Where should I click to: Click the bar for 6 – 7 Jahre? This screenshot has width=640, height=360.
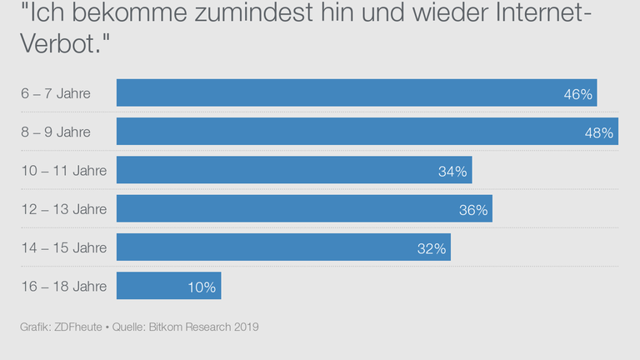point(357,93)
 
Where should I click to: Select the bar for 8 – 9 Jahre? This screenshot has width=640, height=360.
point(367,132)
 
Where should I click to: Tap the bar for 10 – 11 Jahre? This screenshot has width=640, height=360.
point(294,170)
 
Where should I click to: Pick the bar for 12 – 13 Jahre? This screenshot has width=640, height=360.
point(304,208)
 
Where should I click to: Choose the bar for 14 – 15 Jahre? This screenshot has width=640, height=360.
point(283,247)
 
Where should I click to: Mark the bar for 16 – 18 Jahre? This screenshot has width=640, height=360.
point(168,286)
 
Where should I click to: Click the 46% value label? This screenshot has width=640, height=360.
point(577,94)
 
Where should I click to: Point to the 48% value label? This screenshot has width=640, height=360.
point(598,132)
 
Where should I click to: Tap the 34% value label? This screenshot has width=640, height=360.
point(452,172)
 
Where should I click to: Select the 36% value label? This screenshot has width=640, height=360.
point(472,210)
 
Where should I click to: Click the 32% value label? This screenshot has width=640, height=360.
point(432,248)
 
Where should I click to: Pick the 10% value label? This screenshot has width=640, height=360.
point(202,287)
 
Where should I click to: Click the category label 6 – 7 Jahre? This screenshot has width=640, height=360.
point(56,93)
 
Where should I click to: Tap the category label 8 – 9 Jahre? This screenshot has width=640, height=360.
point(56,132)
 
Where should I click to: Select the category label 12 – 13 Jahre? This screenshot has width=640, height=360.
point(64,209)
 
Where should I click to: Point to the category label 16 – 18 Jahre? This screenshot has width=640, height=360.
point(64,287)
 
